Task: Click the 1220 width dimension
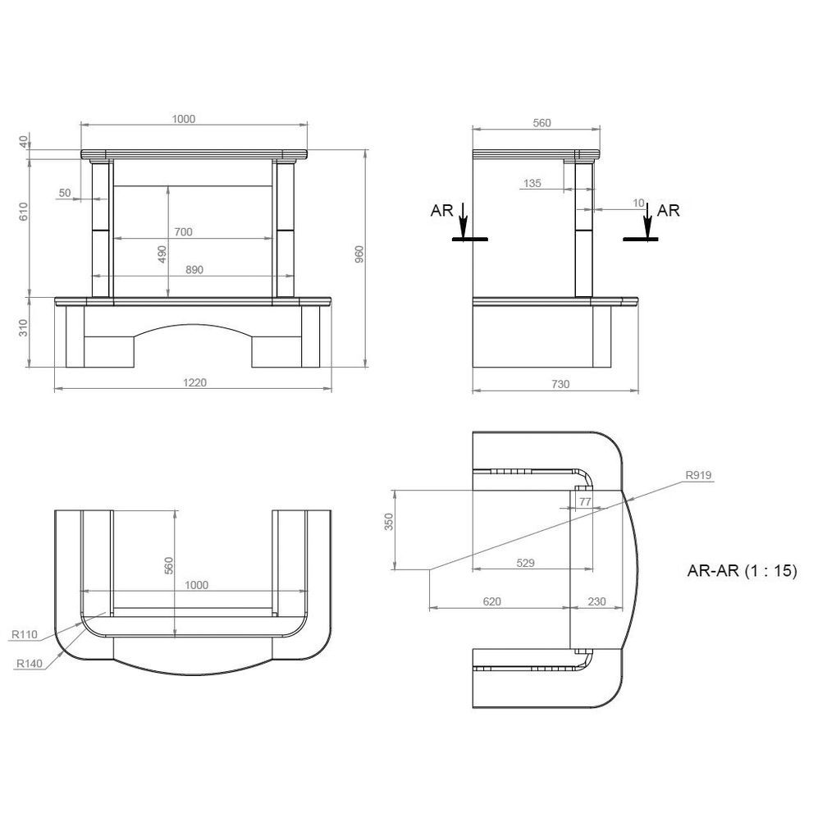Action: point(194,382)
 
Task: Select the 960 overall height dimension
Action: point(359,254)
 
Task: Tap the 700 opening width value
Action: point(183,231)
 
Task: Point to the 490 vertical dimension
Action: point(162,254)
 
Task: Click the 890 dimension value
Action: point(194,269)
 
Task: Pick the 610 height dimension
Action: point(23,211)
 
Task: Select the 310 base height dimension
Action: point(23,328)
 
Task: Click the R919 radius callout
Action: point(698,475)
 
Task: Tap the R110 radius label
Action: point(25,634)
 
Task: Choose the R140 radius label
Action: point(29,664)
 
